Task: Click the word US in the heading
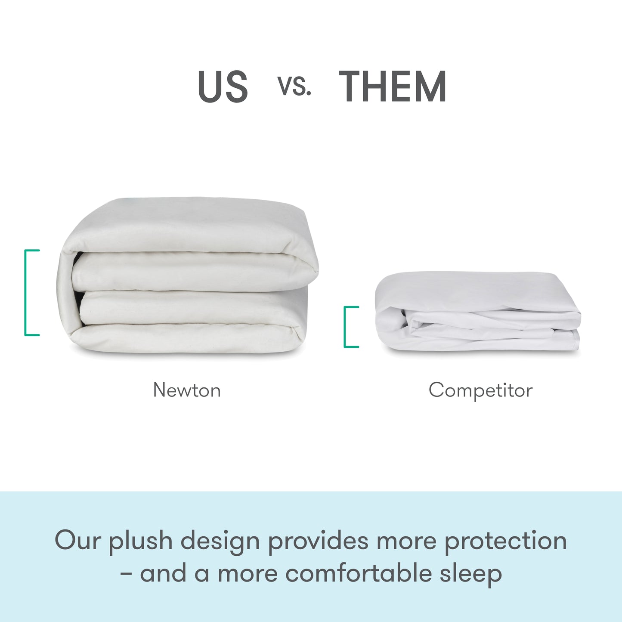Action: pos(223,87)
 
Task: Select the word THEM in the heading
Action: pos(393,87)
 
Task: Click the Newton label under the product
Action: pos(187,390)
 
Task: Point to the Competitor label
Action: pos(480,390)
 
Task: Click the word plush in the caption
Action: pos(140,542)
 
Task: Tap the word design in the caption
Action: pos(220,542)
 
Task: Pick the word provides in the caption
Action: pos(318,542)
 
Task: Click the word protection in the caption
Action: pos(505,542)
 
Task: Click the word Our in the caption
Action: pos(77,541)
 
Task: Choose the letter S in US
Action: pos(236,87)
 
